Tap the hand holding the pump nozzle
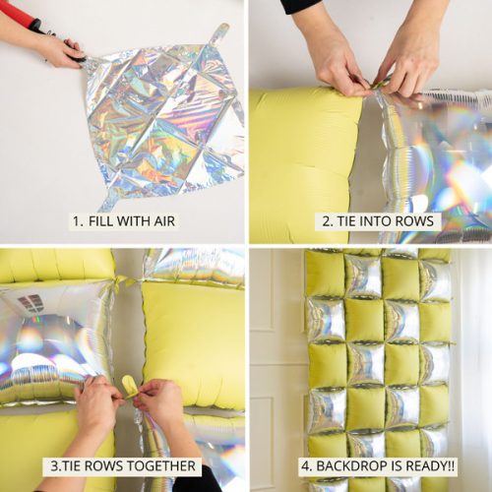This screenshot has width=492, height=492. [57, 49]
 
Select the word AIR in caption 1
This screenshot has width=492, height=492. [159, 221]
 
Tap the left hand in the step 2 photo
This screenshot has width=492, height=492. [339, 59]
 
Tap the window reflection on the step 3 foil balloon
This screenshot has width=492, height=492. [31, 303]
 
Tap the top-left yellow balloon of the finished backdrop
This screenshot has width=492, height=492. [324, 275]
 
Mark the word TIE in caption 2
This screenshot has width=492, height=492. [346, 221]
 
